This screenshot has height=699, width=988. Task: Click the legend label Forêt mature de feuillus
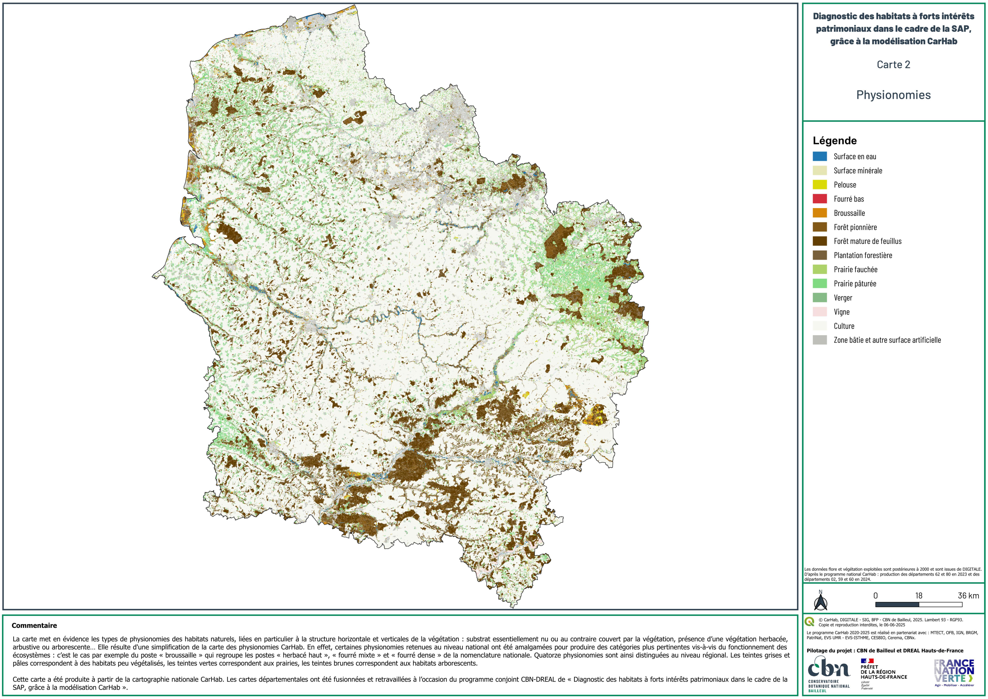[x=867, y=241]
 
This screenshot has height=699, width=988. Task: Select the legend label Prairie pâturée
[x=855, y=283]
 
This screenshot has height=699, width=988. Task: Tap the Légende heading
[x=834, y=141]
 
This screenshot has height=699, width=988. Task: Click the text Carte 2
[x=893, y=65]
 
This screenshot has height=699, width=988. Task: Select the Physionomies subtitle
[x=893, y=95]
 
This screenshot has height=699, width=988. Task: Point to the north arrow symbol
[x=820, y=601]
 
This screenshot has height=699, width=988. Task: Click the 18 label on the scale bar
[x=919, y=596]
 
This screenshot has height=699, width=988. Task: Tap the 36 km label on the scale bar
[x=968, y=596]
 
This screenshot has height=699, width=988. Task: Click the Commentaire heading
[x=34, y=625]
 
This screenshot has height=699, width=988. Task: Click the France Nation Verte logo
[x=954, y=672]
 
